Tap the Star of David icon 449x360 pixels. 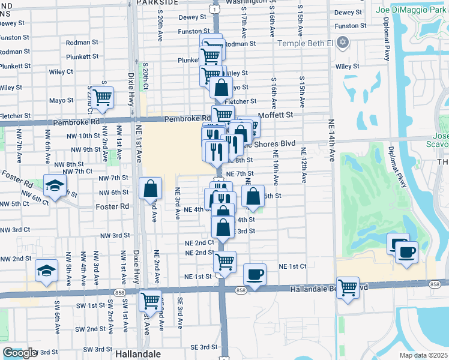[x=343, y=43]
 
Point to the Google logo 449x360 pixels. [x=20, y=353]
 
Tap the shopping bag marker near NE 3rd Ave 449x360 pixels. [x=150, y=189]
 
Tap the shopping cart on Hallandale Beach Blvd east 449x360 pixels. [x=348, y=287]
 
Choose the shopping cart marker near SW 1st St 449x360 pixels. [x=150, y=299]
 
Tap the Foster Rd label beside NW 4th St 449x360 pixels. [x=112, y=206]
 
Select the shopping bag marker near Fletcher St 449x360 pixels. [x=221, y=88]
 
